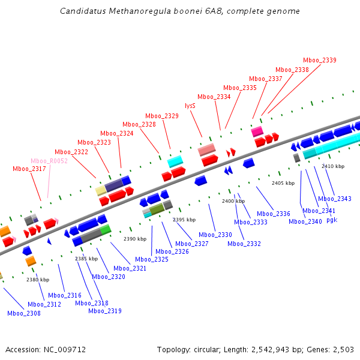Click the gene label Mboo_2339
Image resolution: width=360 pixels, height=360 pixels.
click(x=319, y=60)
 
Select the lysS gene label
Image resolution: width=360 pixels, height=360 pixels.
click(x=190, y=106)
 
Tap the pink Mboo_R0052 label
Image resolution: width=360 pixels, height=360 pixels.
click(x=49, y=161)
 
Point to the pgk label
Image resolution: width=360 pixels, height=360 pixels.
click(x=332, y=220)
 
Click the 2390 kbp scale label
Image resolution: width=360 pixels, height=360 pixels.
click(x=135, y=239)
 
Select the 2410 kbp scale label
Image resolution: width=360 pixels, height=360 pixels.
click(x=333, y=166)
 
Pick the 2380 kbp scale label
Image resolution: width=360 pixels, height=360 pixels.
click(x=38, y=280)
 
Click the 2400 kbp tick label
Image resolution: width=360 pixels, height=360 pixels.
click(x=233, y=201)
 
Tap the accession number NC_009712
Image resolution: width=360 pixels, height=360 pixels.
click(x=64, y=349)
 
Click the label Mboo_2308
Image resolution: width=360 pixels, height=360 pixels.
click(x=24, y=313)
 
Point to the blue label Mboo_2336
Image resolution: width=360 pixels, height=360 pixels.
click(x=274, y=214)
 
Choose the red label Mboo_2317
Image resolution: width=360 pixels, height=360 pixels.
click(x=29, y=169)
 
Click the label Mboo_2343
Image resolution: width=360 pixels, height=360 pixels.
click(x=335, y=199)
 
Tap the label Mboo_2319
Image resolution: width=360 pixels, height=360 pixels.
click(x=105, y=311)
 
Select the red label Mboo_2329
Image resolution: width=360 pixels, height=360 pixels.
click(x=162, y=116)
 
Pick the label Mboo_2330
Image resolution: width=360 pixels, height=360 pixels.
click(x=215, y=235)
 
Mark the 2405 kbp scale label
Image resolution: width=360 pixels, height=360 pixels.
click(x=283, y=183)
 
